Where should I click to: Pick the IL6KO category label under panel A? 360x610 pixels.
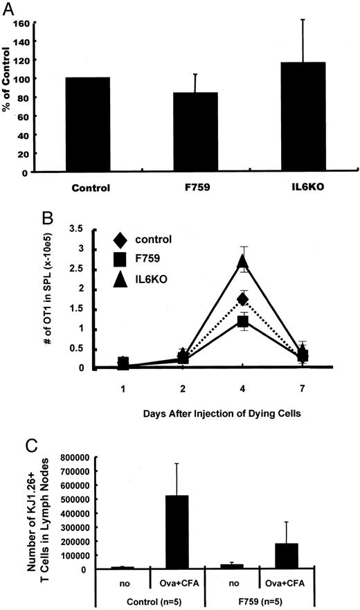click(300, 187)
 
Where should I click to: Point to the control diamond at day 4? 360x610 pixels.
click(242, 299)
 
